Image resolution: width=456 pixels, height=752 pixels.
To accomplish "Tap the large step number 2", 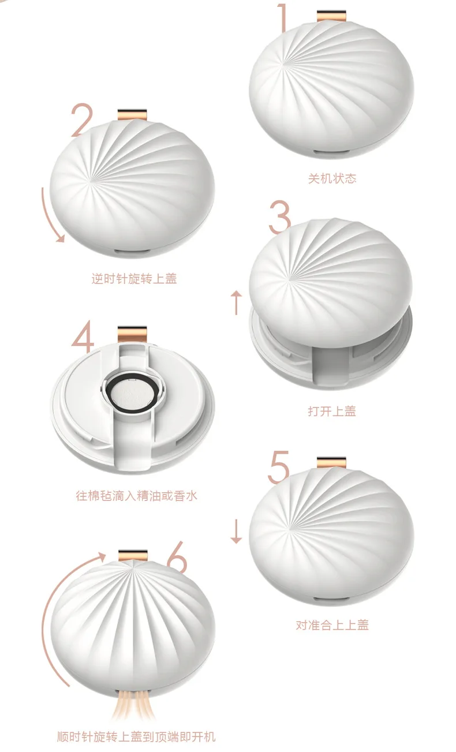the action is point(81,120).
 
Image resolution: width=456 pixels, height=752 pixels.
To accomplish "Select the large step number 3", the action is point(280,217).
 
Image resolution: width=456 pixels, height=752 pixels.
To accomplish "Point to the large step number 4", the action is point(83,336).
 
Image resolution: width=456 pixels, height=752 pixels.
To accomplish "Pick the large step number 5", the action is point(278,467).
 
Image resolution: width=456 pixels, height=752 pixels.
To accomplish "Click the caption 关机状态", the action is point(332,178).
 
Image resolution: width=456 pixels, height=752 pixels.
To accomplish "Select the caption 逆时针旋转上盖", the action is point(134,279).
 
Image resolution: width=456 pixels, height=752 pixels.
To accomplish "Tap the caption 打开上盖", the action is point(332,411).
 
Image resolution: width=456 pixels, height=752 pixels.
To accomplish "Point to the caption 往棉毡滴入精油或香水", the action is point(136,496).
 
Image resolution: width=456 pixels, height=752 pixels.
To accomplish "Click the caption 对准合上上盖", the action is point(332,625).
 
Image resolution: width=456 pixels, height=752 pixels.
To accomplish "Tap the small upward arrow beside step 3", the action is point(237,303).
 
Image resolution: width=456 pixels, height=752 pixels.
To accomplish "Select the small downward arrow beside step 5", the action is point(236,532).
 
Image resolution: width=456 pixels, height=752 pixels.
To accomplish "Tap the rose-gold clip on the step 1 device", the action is point(331,16).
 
